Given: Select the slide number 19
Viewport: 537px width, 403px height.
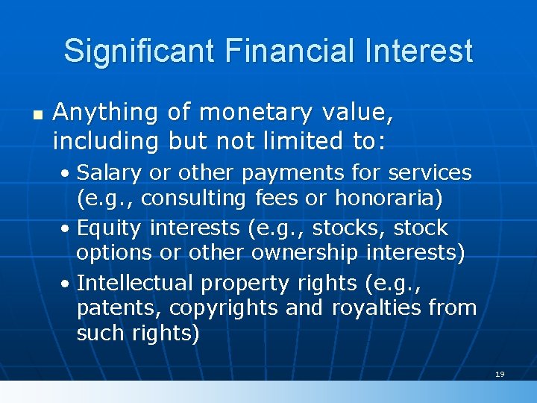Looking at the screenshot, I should click(x=499, y=374).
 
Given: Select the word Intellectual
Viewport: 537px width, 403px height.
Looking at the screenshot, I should click(x=136, y=283).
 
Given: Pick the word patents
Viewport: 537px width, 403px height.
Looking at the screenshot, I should click(x=119, y=308).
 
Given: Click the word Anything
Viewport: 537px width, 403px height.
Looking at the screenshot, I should click(x=106, y=113).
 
